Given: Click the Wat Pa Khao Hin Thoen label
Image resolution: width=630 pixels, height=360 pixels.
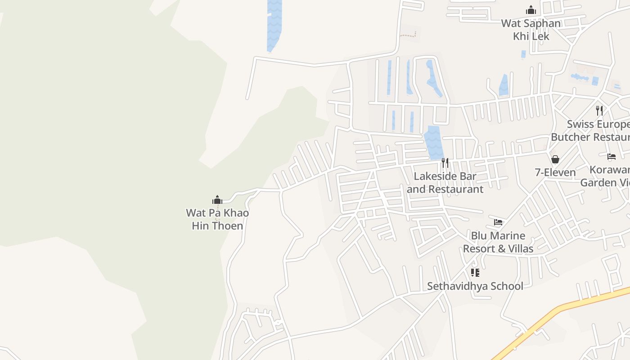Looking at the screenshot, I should click(217, 219).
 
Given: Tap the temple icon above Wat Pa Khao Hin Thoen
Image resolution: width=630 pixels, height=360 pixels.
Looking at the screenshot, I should click(217, 200).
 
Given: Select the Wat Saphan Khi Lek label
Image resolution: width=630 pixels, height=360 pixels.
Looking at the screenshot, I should click(531, 30).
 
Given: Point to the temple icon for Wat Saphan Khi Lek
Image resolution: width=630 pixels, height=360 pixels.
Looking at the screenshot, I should click(531, 10).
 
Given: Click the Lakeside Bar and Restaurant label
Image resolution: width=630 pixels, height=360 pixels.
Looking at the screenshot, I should click(445, 183).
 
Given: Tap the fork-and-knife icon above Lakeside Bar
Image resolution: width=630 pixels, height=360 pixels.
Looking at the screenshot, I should click(445, 162).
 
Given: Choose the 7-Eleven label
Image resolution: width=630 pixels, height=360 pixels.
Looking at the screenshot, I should click(555, 172).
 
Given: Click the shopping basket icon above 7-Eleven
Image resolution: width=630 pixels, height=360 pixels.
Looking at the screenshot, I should click(555, 159).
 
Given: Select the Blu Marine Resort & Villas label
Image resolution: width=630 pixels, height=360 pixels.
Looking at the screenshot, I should click(498, 242).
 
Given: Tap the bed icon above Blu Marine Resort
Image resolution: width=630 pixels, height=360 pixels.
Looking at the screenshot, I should click(498, 222).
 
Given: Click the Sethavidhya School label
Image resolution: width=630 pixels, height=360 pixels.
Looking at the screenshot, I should click(475, 286).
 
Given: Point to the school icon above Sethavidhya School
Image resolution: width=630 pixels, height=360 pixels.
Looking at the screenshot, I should click(475, 273).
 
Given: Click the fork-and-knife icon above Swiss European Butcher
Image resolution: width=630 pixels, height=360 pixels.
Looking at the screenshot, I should click(599, 111).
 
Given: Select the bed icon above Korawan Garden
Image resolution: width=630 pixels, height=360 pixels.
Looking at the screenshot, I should click(612, 157).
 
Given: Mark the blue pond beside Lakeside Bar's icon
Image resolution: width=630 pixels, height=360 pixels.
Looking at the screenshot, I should click(433, 142).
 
